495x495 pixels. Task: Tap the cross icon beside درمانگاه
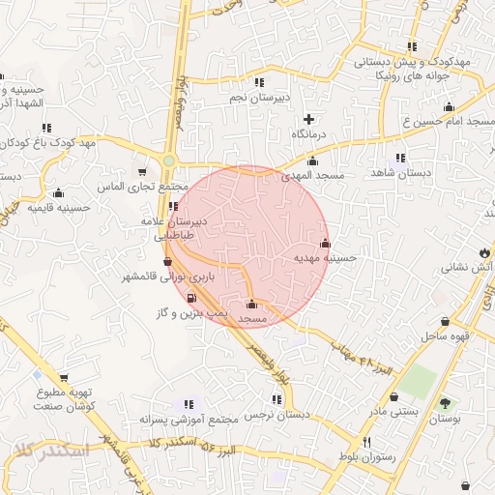tap(308, 118)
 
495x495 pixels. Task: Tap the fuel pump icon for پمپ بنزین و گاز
tap(190, 298)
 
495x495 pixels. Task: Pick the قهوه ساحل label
tap(445, 336)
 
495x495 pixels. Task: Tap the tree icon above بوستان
tap(445, 403)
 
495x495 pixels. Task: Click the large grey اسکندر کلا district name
tap(49, 450)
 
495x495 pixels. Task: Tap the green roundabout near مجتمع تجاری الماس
tap(169, 160)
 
